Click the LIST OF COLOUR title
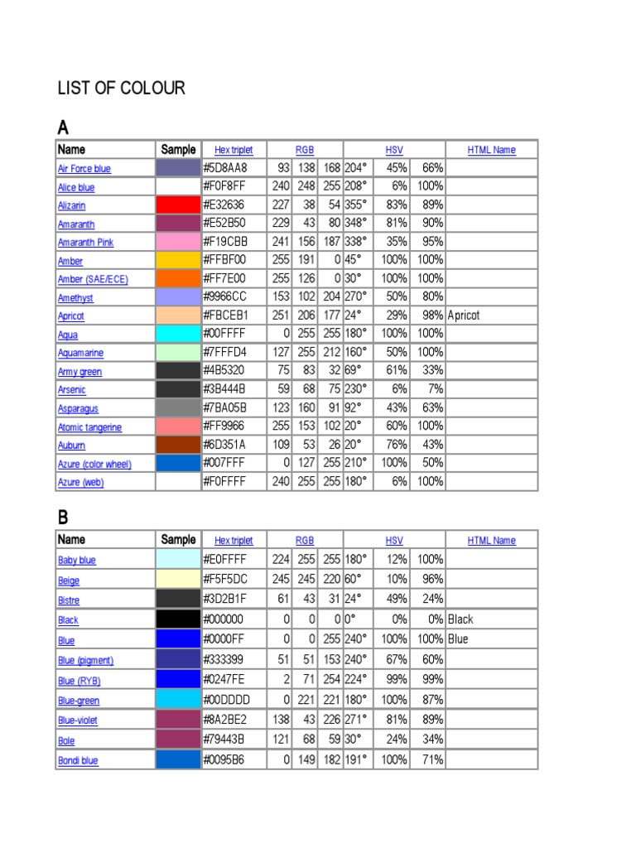[x=121, y=88]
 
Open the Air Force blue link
[x=84, y=169]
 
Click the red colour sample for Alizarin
[x=178, y=205]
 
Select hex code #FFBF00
[x=225, y=260]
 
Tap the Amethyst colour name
[x=75, y=298]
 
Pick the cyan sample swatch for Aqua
[x=178, y=334]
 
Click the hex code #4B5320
[x=225, y=371]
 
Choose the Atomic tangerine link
[x=89, y=427]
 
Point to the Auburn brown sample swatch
[x=178, y=445]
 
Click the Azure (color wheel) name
[x=94, y=465]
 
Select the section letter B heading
[x=63, y=518]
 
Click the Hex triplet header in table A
[x=234, y=150]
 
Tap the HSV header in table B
[x=394, y=541]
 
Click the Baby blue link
[x=76, y=561]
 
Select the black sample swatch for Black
[x=178, y=619]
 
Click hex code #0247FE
[x=224, y=680]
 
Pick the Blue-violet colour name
[x=78, y=720]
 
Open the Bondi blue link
[x=78, y=760]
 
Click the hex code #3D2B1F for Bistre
[x=224, y=600]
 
